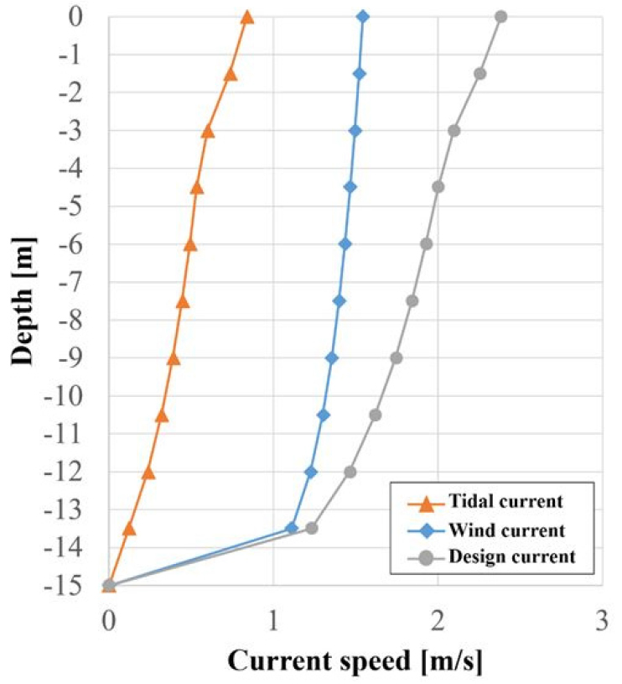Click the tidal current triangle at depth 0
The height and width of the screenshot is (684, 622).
(x=246, y=17)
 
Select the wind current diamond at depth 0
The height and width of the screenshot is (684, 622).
(x=362, y=16)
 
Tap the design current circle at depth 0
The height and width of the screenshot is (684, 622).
(x=501, y=16)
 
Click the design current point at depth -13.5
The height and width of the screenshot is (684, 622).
(x=311, y=528)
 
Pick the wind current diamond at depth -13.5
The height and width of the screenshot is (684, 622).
(x=292, y=528)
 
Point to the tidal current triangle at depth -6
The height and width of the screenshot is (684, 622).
(x=190, y=245)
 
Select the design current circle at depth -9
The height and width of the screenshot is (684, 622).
(x=397, y=358)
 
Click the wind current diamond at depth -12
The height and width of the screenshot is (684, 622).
(x=311, y=472)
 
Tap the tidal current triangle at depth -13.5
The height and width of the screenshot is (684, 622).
(x=129, y=529)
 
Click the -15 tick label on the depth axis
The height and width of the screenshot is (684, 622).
(x=68, y=585)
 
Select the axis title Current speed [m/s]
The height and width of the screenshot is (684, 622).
(x=355, y=661)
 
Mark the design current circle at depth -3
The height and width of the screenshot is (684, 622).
(x=454, y=131)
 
